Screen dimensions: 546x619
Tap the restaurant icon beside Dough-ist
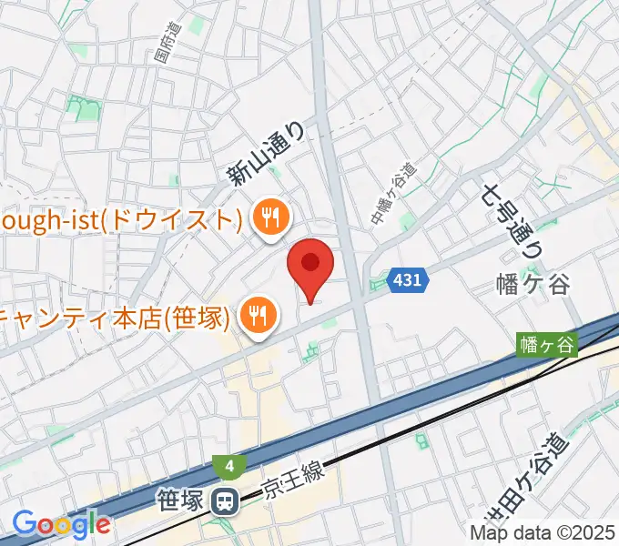point(270,219)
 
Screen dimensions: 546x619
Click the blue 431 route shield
point(408,280)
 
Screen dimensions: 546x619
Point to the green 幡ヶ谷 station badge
point(547,345)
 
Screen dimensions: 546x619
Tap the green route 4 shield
point(230,467)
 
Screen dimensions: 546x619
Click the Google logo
point(61,524)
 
